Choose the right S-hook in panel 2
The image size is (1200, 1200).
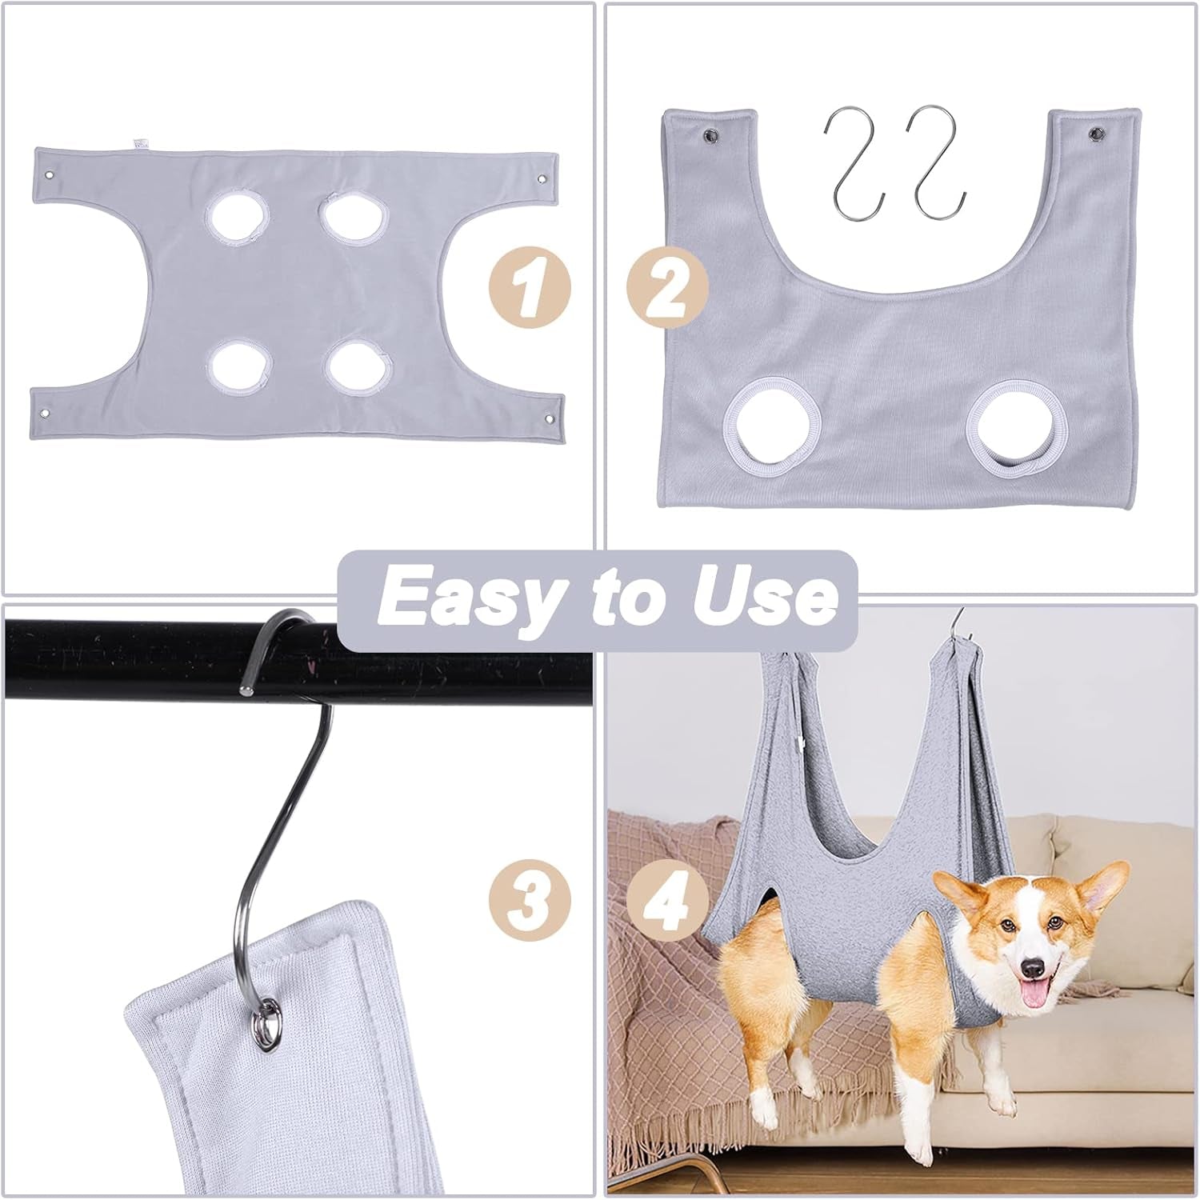tap(938, 160)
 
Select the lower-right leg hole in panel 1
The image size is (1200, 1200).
tap(360, 366)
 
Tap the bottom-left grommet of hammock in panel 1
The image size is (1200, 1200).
tap(45, 413)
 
